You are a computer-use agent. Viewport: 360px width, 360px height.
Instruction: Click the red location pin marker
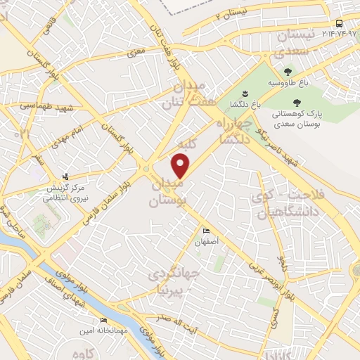point(181,165)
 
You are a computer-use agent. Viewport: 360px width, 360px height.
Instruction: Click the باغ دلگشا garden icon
point(245,94)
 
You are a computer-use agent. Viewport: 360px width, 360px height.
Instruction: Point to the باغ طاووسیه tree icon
point(287,72)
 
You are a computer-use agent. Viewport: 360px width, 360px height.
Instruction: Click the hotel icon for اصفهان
point(206,231)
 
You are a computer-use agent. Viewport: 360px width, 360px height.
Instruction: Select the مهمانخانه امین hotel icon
point(104,321)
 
